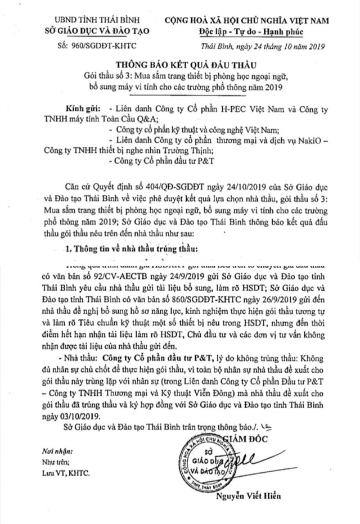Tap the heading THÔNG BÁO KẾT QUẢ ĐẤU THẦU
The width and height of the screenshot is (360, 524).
tap(179, 66)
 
